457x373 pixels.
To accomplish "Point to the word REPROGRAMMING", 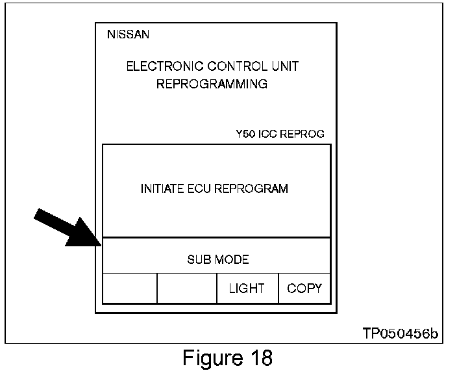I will [x=212, y=84].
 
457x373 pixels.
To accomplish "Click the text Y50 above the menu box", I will [x=245, y=135].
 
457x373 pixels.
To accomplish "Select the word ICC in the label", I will [x=269, y=135].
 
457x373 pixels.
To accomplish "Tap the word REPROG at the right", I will [x=302, y=135].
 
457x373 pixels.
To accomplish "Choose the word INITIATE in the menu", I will [x=162, y=189].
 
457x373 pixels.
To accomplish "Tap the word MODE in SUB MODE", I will [x=231, y=260].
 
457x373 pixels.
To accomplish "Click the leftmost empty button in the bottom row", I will [x=130, y=288].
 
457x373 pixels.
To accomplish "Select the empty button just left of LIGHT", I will [x=187, y=288].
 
